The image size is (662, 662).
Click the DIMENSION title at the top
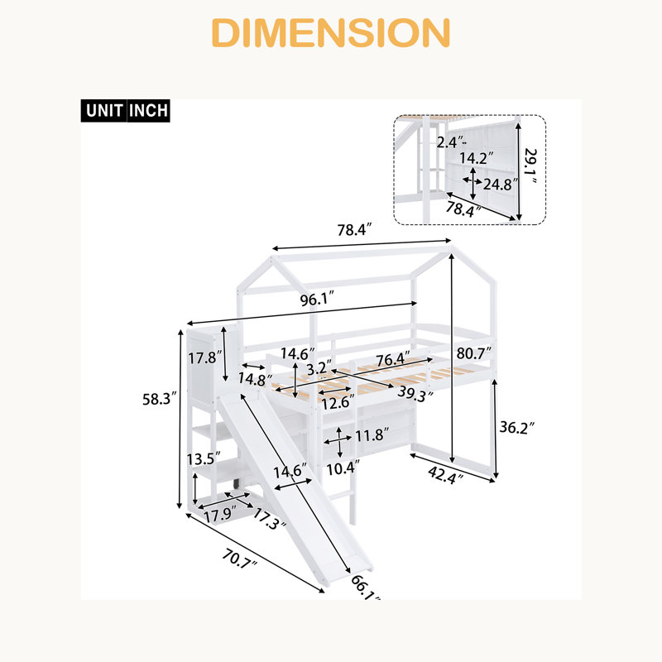(330, 33)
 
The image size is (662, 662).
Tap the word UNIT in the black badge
(105, 111)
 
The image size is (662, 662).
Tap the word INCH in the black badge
(148, 111)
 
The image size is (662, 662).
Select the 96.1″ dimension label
(317, 299)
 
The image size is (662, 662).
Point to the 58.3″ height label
(159, 399)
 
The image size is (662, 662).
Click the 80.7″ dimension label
(474, 353)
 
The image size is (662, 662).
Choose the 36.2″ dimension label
(516, 427)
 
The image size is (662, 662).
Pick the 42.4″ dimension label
(446, 474)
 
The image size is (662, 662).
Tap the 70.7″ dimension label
(240, 558)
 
